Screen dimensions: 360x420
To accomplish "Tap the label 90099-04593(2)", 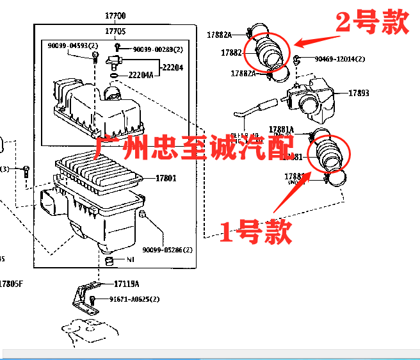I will [72, 45].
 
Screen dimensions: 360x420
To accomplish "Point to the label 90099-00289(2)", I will [157, 49].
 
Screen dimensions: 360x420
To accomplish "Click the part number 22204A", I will [141, 75].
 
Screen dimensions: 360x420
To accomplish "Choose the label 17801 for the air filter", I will [166, 178].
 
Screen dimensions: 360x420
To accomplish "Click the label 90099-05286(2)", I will [167, 249].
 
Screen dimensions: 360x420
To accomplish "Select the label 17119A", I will [126, 283].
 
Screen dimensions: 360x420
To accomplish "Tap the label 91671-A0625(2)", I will [134, 299].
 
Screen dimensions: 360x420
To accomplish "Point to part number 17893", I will [359, 93].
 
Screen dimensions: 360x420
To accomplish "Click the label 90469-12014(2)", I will [339, 59].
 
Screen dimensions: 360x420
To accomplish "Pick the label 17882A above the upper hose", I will [219, 34].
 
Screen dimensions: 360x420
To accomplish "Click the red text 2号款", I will [373, 24].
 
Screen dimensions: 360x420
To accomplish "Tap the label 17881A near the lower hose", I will [281, 129].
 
